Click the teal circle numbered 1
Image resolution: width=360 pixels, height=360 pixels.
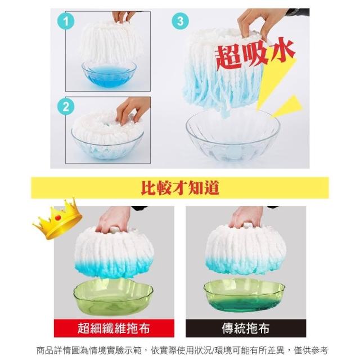(66, 21)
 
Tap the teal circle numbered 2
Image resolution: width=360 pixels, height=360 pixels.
(66, 106)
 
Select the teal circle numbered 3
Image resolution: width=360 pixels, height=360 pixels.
(181, 21)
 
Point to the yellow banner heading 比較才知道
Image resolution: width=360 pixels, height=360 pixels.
(180, 187)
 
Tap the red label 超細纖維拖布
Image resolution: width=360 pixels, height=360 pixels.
(114, 328)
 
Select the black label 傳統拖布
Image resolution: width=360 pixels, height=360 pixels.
(246, 328)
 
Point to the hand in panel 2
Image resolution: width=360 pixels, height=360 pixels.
(133, 110)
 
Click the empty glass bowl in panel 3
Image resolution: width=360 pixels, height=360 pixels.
(233, 136)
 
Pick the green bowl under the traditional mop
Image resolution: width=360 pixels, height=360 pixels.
(244, 295)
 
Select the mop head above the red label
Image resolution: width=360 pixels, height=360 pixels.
(114, 252)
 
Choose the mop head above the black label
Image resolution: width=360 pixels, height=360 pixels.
(245, 250)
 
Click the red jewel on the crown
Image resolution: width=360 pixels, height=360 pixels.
(58, 217)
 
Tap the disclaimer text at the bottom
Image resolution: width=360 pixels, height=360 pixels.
(182, 350)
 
